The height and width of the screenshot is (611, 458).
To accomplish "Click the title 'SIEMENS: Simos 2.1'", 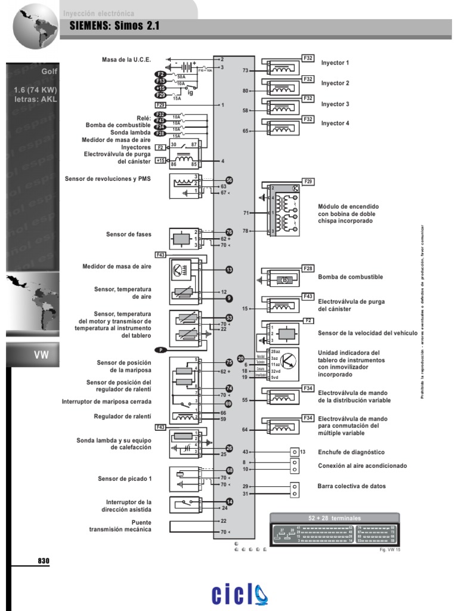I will point(114,26).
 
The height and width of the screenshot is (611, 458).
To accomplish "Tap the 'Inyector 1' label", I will point(335,63).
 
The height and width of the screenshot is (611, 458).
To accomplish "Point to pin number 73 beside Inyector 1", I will point(245,70).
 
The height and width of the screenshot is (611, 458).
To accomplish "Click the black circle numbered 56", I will point(229,180).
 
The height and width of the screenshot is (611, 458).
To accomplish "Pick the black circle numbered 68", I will point(229,471).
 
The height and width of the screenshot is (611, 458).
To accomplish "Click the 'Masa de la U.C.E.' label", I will point(126,60).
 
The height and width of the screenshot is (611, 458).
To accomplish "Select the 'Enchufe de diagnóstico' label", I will point(351,452).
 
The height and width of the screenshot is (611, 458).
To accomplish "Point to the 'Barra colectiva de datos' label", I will point(352,486).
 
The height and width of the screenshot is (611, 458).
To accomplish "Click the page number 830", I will point(44,561).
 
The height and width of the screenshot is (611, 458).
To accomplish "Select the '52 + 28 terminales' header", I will point(335,518).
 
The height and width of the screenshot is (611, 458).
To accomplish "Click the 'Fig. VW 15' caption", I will point(391,550).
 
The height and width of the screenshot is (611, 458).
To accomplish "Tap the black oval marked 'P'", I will point(160,350).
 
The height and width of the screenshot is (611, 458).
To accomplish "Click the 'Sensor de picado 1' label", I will point(125,479).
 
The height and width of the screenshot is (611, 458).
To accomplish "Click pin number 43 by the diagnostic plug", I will point(245,452).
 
